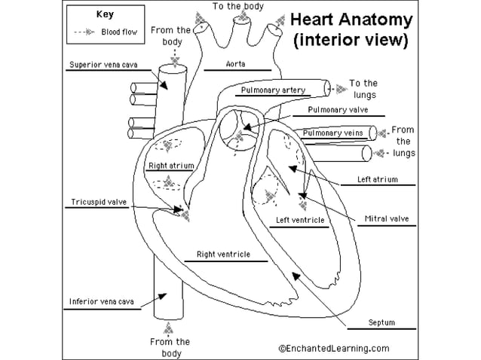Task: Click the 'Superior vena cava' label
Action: [x=103, y=65]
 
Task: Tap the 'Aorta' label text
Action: [x=235, y=64]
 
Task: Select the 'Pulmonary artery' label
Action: [x=273, y=90]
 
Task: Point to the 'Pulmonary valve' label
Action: [x=338, y=110]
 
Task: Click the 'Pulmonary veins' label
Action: [x=332, y=133]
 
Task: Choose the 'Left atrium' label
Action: [x=377, y=179]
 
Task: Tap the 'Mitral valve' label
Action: [x=387, y=218]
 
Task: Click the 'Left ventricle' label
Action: [x=300, y=220]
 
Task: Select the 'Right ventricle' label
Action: [x=223, y=255]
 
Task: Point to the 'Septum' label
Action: [x=381, y=322]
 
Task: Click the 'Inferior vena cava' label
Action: [x=102, y=301]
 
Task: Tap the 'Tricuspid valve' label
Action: [x=99, y=202]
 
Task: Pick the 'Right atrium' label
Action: [x=171, y=166]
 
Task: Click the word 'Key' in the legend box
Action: [x=105, y=14]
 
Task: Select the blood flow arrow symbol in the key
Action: [x=84, y=32]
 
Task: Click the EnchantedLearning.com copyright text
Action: [x=334, y=349]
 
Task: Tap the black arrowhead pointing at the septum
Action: [x=296, y=276]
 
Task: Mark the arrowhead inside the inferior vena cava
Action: [x=162, y=296]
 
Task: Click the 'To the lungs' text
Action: [x=364, y=89]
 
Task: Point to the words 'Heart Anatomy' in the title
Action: [x=351, y=20]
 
